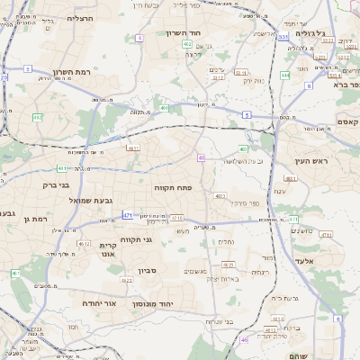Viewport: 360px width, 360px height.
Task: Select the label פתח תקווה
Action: (180, 187)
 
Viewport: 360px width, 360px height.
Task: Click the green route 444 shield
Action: (284, 76)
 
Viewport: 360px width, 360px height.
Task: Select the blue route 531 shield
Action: (283, 38)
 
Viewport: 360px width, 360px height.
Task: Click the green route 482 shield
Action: (187, 44)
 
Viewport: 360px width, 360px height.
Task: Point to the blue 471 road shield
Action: (127, 215)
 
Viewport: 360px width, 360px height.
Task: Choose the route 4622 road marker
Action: (127, 281)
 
